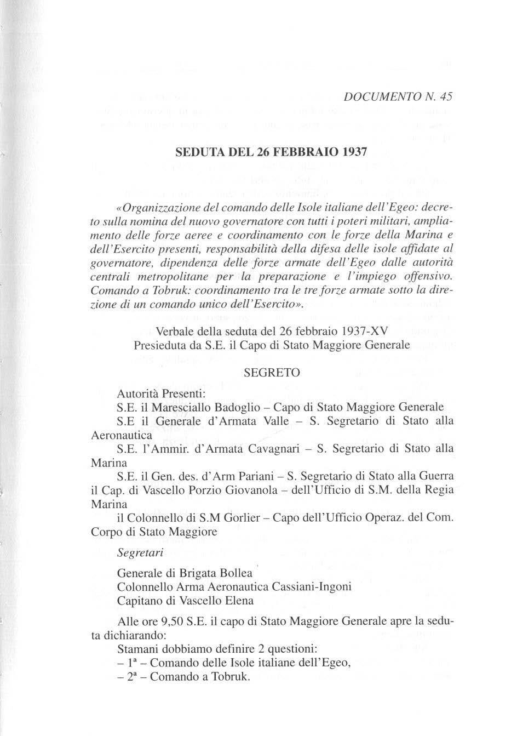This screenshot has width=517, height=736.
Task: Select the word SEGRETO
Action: pos(272,373)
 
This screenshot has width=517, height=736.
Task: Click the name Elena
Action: pos(238,600)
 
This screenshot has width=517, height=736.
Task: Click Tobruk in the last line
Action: pos(230,677)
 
